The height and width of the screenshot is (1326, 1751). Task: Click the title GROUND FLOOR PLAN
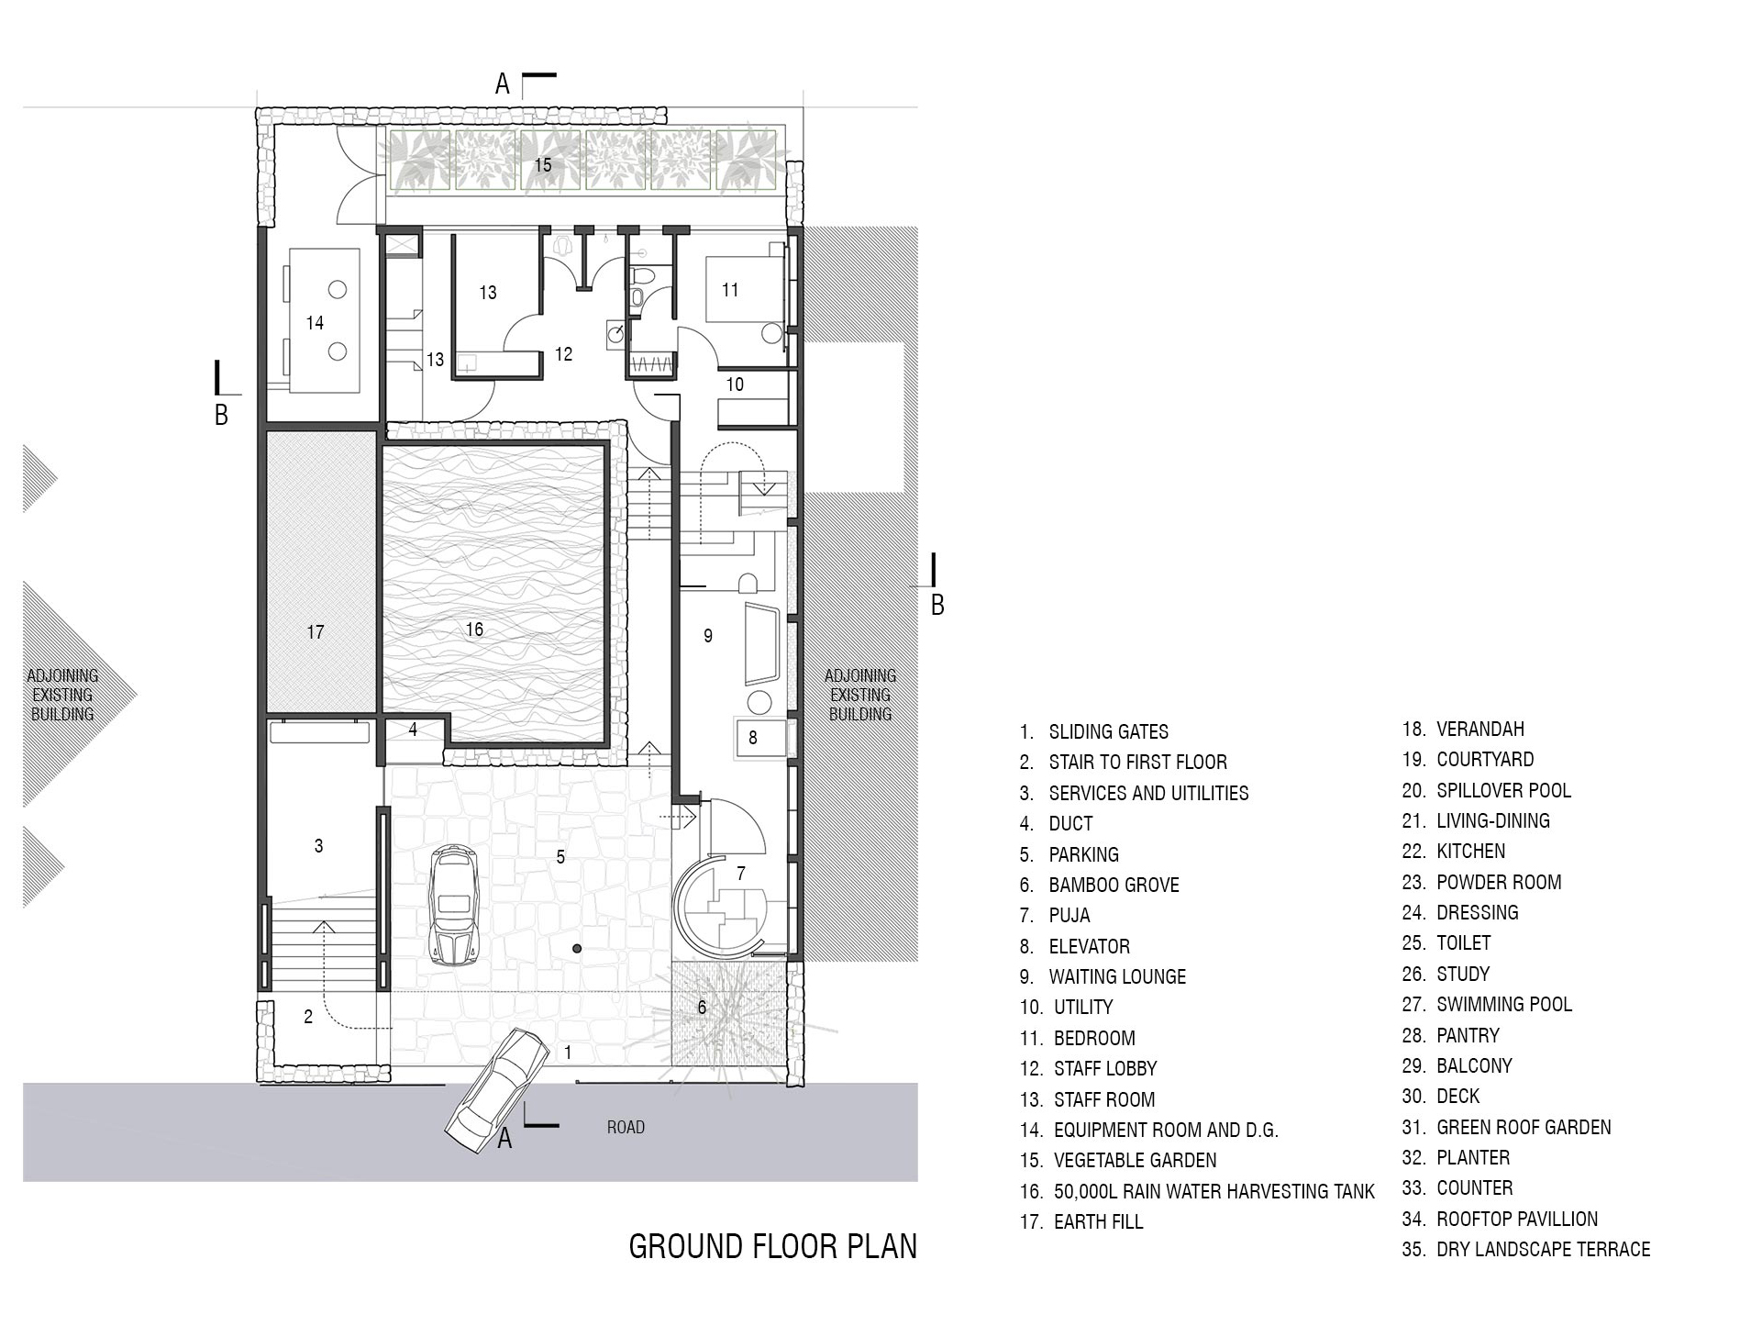pos(772,1246)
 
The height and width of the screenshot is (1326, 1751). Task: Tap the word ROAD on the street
pos(626,1127)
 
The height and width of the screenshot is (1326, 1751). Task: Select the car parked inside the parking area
pos(451,904)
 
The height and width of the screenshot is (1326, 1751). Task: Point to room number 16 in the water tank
pos(474,630)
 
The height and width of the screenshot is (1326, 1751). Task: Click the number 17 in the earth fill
pos(316,632)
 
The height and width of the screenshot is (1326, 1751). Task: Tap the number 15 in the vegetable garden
pos(543,164)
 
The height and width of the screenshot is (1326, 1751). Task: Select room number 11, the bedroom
pos(730,290)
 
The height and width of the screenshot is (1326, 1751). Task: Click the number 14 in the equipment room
pos(315,323)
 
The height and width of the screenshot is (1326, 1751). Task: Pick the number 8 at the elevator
pos(753,738)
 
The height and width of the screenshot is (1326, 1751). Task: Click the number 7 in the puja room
pos(741,874)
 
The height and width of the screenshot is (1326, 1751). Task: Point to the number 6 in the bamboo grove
pos(702,1008)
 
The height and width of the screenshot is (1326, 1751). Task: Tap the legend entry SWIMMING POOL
pos(1487,1004)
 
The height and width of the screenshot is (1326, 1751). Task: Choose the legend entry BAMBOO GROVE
pos(1100,885)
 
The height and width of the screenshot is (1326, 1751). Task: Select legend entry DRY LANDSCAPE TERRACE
pos(1526,1249)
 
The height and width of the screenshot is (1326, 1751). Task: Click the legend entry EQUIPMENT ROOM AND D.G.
pos(1149,1130)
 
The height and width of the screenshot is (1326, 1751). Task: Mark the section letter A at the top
pos(503,84)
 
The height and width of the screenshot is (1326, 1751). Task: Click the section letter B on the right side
pos(937,606)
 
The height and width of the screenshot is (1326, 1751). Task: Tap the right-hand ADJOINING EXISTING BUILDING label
pos(860,695)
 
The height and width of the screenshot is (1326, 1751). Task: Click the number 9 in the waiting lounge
pos(708,635)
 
